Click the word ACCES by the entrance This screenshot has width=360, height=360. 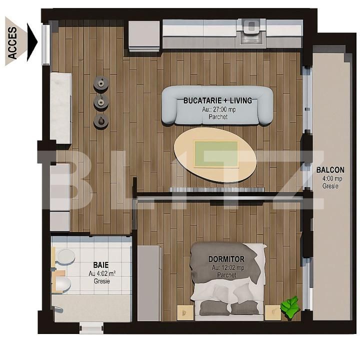tap(12, 43)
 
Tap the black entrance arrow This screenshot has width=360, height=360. tap(32, 42)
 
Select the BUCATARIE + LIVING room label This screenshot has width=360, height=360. tap(217, 100)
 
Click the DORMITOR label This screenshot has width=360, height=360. tap(226, 259)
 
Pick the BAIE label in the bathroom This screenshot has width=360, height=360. tap(100, 265)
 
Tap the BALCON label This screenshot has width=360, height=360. tap(330, 170)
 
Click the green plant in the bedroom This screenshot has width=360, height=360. tap(290, 307)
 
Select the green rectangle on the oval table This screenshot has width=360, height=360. tap(216, 154)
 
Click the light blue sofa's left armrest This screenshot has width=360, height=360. tap(169, 107)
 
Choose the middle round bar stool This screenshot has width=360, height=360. tap(101, 102)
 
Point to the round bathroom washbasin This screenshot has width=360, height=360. tap(66, 256)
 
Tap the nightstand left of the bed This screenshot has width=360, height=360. tap(185, 312)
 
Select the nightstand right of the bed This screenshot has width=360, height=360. tap(273, 312)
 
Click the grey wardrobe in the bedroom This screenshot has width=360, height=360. tap(149, 283)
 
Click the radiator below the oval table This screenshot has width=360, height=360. tap(216, 189)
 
